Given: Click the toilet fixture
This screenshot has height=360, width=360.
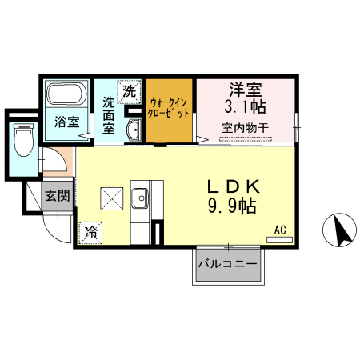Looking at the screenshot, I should [22, 142].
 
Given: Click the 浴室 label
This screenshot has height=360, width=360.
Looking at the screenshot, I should [66, 122].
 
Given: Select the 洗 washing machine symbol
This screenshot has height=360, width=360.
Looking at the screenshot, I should [130, 93].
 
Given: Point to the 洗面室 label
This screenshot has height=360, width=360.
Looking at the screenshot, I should [109, 115].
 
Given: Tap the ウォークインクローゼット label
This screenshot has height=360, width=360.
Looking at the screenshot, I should [170, 108].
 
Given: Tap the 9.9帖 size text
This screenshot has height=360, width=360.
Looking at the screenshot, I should [231, 207].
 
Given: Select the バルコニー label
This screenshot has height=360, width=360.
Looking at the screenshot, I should [228, 263].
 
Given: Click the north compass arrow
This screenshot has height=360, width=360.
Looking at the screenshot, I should [339, 232].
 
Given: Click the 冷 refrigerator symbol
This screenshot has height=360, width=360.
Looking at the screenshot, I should [91, 232].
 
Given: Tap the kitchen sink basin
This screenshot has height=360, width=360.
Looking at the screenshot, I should [141, 197].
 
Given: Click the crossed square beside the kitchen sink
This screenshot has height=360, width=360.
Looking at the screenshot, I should [110, 197].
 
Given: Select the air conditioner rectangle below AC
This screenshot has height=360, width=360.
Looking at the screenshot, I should [280, 239].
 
